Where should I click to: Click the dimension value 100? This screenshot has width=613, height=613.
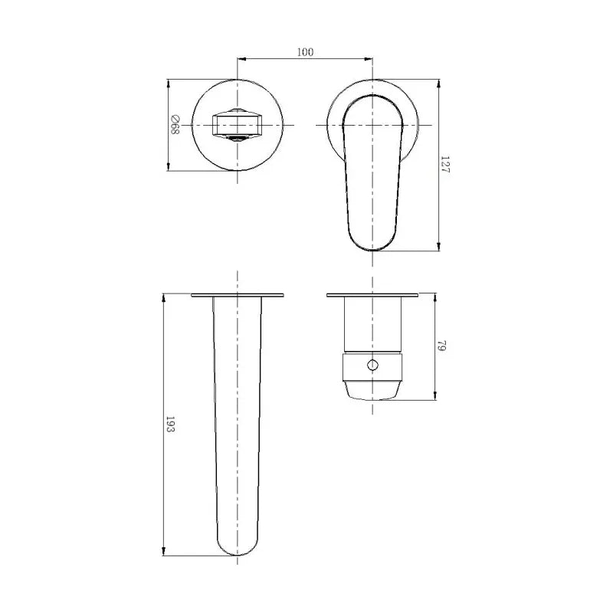pyautogui.click(x=306, y=52)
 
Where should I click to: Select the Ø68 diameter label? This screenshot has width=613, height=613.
pyautogui.click(x=174, y=125)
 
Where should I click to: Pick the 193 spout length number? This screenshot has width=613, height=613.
pyautogui.click(x=171, y=426)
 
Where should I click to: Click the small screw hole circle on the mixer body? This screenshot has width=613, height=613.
pyautogui.click(x=373, y=365)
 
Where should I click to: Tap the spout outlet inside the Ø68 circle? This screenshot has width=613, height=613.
pyautogui.click(x=238, y=124)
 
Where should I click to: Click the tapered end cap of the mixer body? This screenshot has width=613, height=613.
pyautogui.click(x=373, y=388)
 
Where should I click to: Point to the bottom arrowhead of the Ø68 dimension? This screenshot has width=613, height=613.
pyautogui.click(x=169, y=169)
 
